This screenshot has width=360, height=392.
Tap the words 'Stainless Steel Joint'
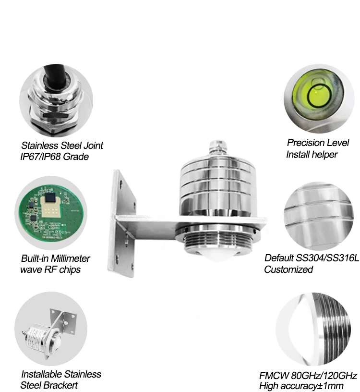point(62,146)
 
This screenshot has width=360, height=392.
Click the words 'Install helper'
point(312,154)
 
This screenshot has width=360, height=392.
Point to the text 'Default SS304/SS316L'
point(311,258)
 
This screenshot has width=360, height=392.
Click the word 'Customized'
point(288,269)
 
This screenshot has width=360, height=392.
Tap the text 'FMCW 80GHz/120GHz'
point(308,375)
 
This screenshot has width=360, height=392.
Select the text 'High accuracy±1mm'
point(301,386)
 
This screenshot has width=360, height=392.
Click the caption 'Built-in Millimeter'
point(55,258)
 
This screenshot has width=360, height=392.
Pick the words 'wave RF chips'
point(50,269)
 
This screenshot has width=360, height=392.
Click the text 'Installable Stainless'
point(61,374)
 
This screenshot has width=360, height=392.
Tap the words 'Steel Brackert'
point(49,385)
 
